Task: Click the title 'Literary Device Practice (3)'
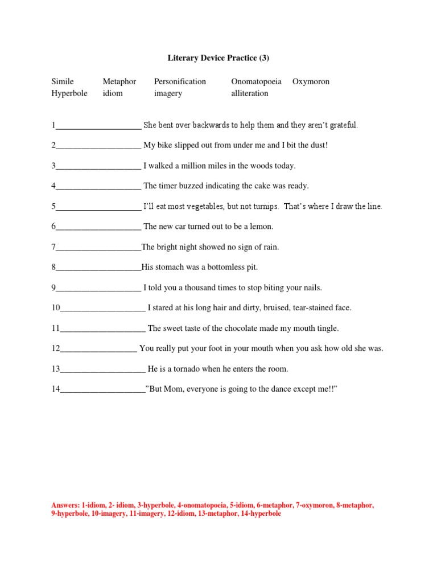[x=218, y=58]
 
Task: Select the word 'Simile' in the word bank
[x=63, y=81]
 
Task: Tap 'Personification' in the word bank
[x=180, y=81]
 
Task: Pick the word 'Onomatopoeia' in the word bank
[x=257, y=81]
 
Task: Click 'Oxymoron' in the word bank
[x=311, y=81]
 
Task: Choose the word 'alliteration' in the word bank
[x=249, y=93]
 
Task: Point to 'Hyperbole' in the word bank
[x=69, y=93]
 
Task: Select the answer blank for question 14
[x=102, y=390]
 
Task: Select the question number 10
[x=56, y=308]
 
